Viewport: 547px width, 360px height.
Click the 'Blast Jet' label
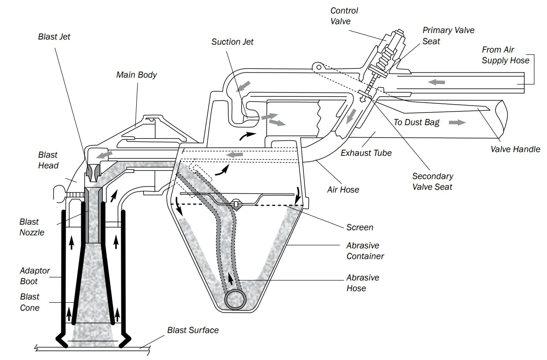coord(54,36)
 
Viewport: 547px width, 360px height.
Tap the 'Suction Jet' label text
coord(232,42)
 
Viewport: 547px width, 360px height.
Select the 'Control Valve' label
coord(344,16)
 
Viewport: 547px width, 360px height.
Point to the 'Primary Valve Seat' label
coord(448,35)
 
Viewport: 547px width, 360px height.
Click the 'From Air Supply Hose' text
coord(505,55)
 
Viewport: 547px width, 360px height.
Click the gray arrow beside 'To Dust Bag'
coord(457,122)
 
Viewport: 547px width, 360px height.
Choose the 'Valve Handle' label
coord(515,149)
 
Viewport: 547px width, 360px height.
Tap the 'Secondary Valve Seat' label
coord(432,181)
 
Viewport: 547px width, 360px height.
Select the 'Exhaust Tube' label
coord(366,153)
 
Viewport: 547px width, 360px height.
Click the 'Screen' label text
coord(360,227)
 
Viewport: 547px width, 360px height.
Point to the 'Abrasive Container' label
coord(365,251)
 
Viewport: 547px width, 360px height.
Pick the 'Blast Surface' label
coord(193,330)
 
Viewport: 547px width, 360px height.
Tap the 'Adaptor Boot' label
coord(35,276)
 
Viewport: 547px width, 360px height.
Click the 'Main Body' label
coord(137,75)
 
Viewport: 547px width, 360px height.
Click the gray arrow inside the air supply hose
coord(436,82)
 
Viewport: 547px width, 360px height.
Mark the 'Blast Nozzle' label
coord(32,227)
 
